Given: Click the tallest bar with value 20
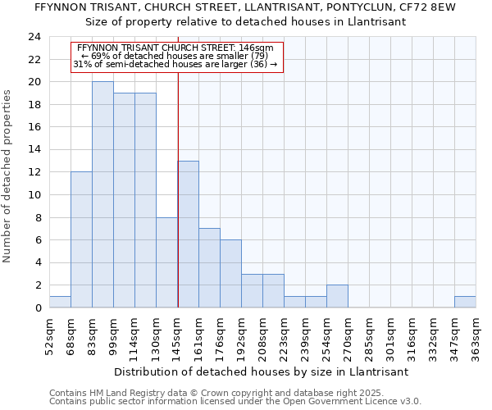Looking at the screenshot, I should point(102,194).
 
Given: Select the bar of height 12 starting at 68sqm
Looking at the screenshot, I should point(81,239).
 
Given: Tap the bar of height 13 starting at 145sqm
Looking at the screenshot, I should point(188,234).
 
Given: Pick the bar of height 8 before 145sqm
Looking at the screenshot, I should point(166,262).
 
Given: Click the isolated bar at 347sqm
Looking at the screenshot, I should point(465,302).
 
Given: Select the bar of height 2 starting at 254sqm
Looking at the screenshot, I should point(337,296).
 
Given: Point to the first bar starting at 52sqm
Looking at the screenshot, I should point(60,302).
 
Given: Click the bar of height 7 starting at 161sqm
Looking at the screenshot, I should point(209,267).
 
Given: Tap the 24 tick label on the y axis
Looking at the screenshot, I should point(34,37).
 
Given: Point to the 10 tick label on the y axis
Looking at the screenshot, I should point(34,195).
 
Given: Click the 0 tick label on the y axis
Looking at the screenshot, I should point(38,308).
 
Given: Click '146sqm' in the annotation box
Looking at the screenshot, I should point(257,48).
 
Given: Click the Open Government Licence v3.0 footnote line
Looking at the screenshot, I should point(235,402).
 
